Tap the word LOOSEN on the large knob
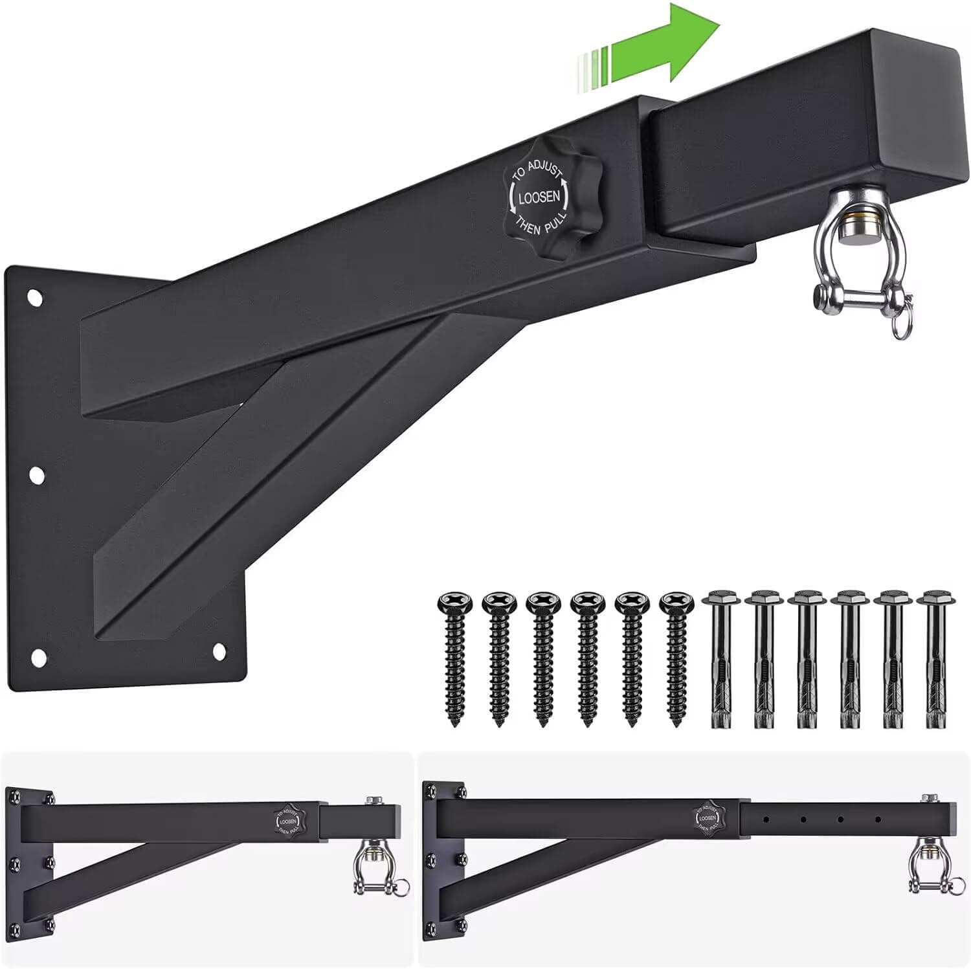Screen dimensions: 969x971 [538, 197]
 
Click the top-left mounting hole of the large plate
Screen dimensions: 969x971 [35, 299]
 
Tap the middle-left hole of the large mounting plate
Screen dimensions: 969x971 [37, 476]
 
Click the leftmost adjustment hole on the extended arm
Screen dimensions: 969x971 [766, 819]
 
